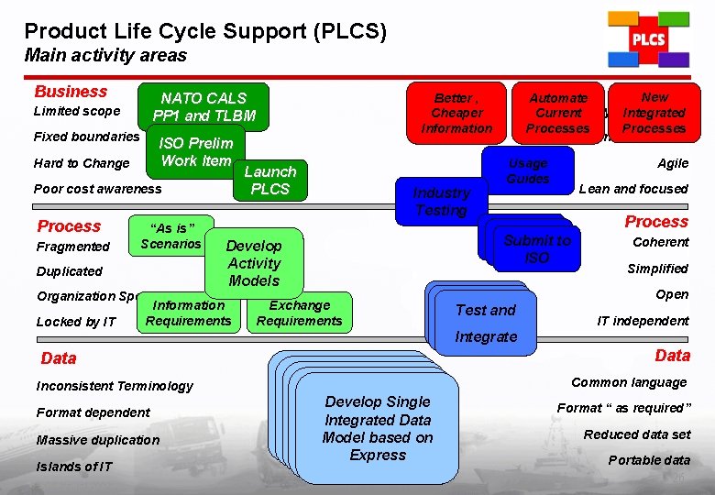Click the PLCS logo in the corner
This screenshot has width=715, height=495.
(648, 39)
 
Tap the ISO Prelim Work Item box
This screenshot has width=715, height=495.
(196, 152)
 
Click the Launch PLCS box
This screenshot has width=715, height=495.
(270, 181)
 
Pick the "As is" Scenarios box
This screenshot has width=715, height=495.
(171, 236)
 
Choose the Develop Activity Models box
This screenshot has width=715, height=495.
(254, 263)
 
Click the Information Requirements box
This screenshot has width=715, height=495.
(189, 313)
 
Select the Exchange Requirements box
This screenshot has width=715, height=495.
(299, 313)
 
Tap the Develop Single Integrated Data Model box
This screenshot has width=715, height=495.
(378, 428)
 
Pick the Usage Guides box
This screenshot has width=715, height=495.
(528, 170)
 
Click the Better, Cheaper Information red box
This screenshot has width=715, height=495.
(456, 113)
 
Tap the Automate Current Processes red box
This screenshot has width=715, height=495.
(558, 113)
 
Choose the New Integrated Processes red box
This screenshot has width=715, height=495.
(654, 113)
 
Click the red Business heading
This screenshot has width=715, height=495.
(71, 92)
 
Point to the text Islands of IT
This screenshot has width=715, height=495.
(74, 467)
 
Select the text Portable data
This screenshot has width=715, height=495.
(650, 460)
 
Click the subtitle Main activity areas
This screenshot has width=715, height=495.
(105, 55)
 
